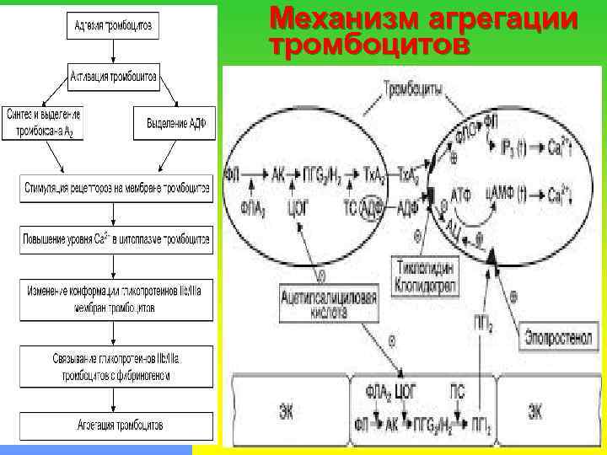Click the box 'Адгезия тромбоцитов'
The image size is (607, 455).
coord(111,26)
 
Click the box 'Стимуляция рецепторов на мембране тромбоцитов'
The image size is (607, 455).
coord(116,187)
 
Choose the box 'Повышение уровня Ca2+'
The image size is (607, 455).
coord(116,239)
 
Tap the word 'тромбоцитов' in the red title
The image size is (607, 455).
coord(368,44)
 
